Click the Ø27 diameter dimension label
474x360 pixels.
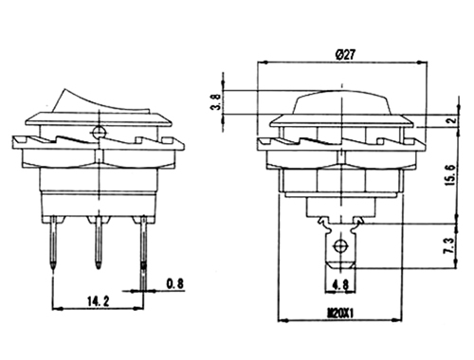[345, 55]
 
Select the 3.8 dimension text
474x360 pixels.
[216, 102]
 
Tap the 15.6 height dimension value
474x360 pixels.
[450, 175]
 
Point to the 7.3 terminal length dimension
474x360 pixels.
[449, 246]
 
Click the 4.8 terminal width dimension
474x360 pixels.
[340, 285]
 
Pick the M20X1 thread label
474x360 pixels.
[340, 314]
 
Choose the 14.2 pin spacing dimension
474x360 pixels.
[98, 301]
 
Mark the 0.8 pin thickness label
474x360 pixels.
[175, 283]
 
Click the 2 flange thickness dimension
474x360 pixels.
[452, 120]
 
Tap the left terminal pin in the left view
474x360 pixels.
[54, 243]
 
